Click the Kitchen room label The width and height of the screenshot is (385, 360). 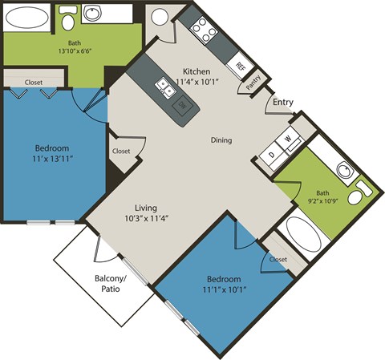(197, 70)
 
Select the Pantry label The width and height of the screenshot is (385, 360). (253, 81)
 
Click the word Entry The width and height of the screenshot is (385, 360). (283, 102)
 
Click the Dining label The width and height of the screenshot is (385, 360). (221, 140)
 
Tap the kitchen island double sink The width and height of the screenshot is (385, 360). (167, 87)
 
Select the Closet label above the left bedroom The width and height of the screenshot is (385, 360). (34, 82)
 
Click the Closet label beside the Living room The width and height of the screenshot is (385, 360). (121, 151)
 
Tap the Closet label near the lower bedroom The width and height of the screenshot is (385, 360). (278, 260)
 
